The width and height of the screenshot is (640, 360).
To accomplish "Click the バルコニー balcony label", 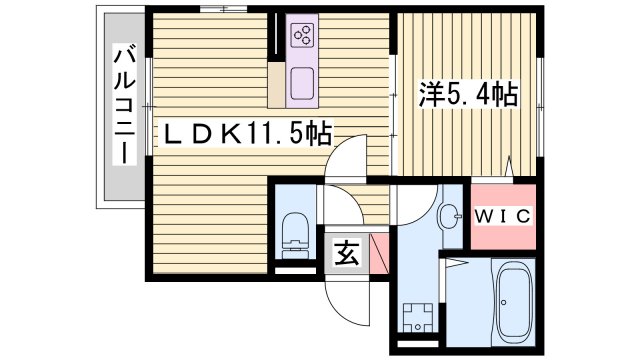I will click(122, 106).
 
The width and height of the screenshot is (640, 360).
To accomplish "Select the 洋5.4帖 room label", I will click(467, 96).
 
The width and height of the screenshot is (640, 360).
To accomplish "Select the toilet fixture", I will click(294, 232).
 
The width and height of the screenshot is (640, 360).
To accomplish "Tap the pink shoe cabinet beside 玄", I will click(378, 252).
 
